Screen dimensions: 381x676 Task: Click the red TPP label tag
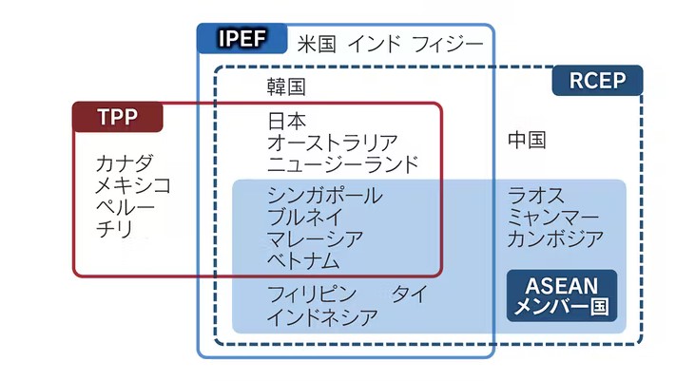pyautogui.click(x=118, y=117)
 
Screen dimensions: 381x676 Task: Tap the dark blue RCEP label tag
pyautogui.click(x=597, y=80)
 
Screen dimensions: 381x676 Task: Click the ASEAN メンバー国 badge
pyautogui.click(x=562, y=295)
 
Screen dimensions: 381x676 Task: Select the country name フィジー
pyautogui.click(x=447, y=44)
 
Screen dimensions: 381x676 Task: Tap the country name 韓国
pyautogui.click(x=286, y=86)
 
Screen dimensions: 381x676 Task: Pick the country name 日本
pyautogui.click(x=286, y=121)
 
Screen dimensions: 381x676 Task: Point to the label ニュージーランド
pyautogui.click(x=342, y=164)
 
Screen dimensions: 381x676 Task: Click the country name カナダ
pyautogui.click(x=124, y=162)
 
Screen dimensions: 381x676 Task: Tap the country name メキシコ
pyautogui.click(x=133, y=184)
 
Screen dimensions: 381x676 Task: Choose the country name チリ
pyautogui.click(x=114, y=228)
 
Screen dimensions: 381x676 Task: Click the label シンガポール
pyautogui.click(x=324, y=196)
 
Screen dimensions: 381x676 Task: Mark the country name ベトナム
pyautogui.click(x=303, y=260)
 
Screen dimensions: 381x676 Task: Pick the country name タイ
pyautogui.click(x=409, y=294)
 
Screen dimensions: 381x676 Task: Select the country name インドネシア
pyautogui.click(x=322, y=315)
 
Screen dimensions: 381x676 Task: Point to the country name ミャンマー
pyautogui.click(x=554, y=218)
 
